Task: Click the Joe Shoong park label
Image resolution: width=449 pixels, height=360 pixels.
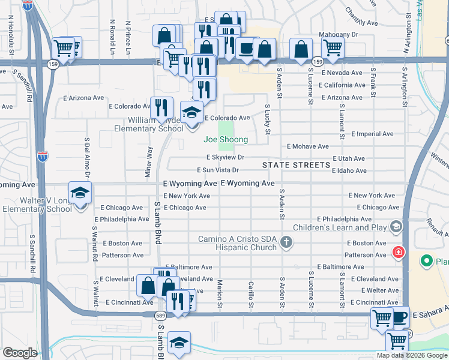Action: click(225, 139)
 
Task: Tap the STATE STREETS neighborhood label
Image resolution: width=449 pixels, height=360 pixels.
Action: click(296, 164)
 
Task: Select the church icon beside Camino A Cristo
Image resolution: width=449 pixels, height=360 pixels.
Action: click(287, 242)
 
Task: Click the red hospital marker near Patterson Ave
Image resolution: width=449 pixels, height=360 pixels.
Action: click(397, 251)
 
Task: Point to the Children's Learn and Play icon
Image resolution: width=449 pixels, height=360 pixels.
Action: click(396, 226)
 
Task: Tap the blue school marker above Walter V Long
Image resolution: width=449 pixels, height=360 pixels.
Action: click(80, 193)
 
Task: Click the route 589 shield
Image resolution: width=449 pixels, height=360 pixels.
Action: click(160, 315)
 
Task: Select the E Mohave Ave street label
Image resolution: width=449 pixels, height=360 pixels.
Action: click(307, 146)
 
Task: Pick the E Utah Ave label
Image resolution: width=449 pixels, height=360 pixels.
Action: click(348, 158)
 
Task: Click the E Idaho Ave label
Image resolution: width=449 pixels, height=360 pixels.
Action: click(349, 170)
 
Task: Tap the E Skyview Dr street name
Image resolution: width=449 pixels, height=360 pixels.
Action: click(225, 157)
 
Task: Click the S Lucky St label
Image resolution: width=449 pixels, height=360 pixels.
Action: click(268, 119)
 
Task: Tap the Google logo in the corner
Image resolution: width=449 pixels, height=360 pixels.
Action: click(20, 353)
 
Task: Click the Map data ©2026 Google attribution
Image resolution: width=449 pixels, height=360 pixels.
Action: click(411, 355)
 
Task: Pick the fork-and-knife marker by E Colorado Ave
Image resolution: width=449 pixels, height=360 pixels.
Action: click(160, 107)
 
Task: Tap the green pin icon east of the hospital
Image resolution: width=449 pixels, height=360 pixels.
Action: click(426, 261)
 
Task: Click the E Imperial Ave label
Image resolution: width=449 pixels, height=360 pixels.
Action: click(372, 133)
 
